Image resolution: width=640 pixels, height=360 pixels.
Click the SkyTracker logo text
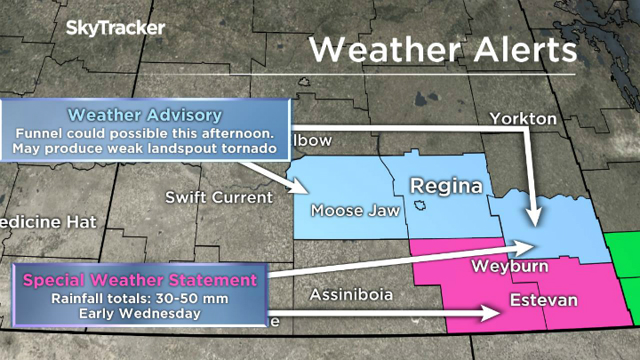click(116, 28)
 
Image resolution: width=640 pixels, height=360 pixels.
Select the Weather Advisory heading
click(145, 115)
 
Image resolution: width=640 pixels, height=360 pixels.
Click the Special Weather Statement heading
click(140, 279)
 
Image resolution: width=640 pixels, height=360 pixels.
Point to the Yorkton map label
click(523, 119)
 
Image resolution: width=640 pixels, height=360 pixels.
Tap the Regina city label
click(445, 187)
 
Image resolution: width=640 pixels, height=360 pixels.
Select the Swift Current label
click(218, 196)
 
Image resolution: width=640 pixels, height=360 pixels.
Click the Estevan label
click(543, 300)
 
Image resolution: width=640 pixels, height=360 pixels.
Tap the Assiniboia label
click(352, 294)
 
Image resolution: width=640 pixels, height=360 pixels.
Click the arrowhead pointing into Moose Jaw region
click(300, 188)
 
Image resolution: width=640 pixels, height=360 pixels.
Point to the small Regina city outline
click(420, 207)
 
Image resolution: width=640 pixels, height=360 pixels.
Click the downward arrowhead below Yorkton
click(532, 218)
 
